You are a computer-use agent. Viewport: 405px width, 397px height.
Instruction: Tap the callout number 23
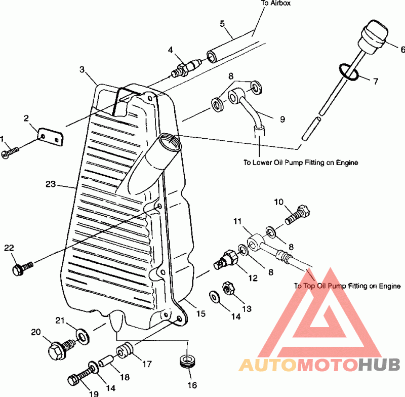tap(51, 184)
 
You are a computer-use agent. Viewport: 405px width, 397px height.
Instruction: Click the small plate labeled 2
tap(51, 136)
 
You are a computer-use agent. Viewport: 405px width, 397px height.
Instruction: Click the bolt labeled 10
tap(297, 214)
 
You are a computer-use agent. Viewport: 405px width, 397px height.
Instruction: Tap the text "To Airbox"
tap(275, 3)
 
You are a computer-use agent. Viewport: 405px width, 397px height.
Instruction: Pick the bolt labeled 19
tap(82, 375)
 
